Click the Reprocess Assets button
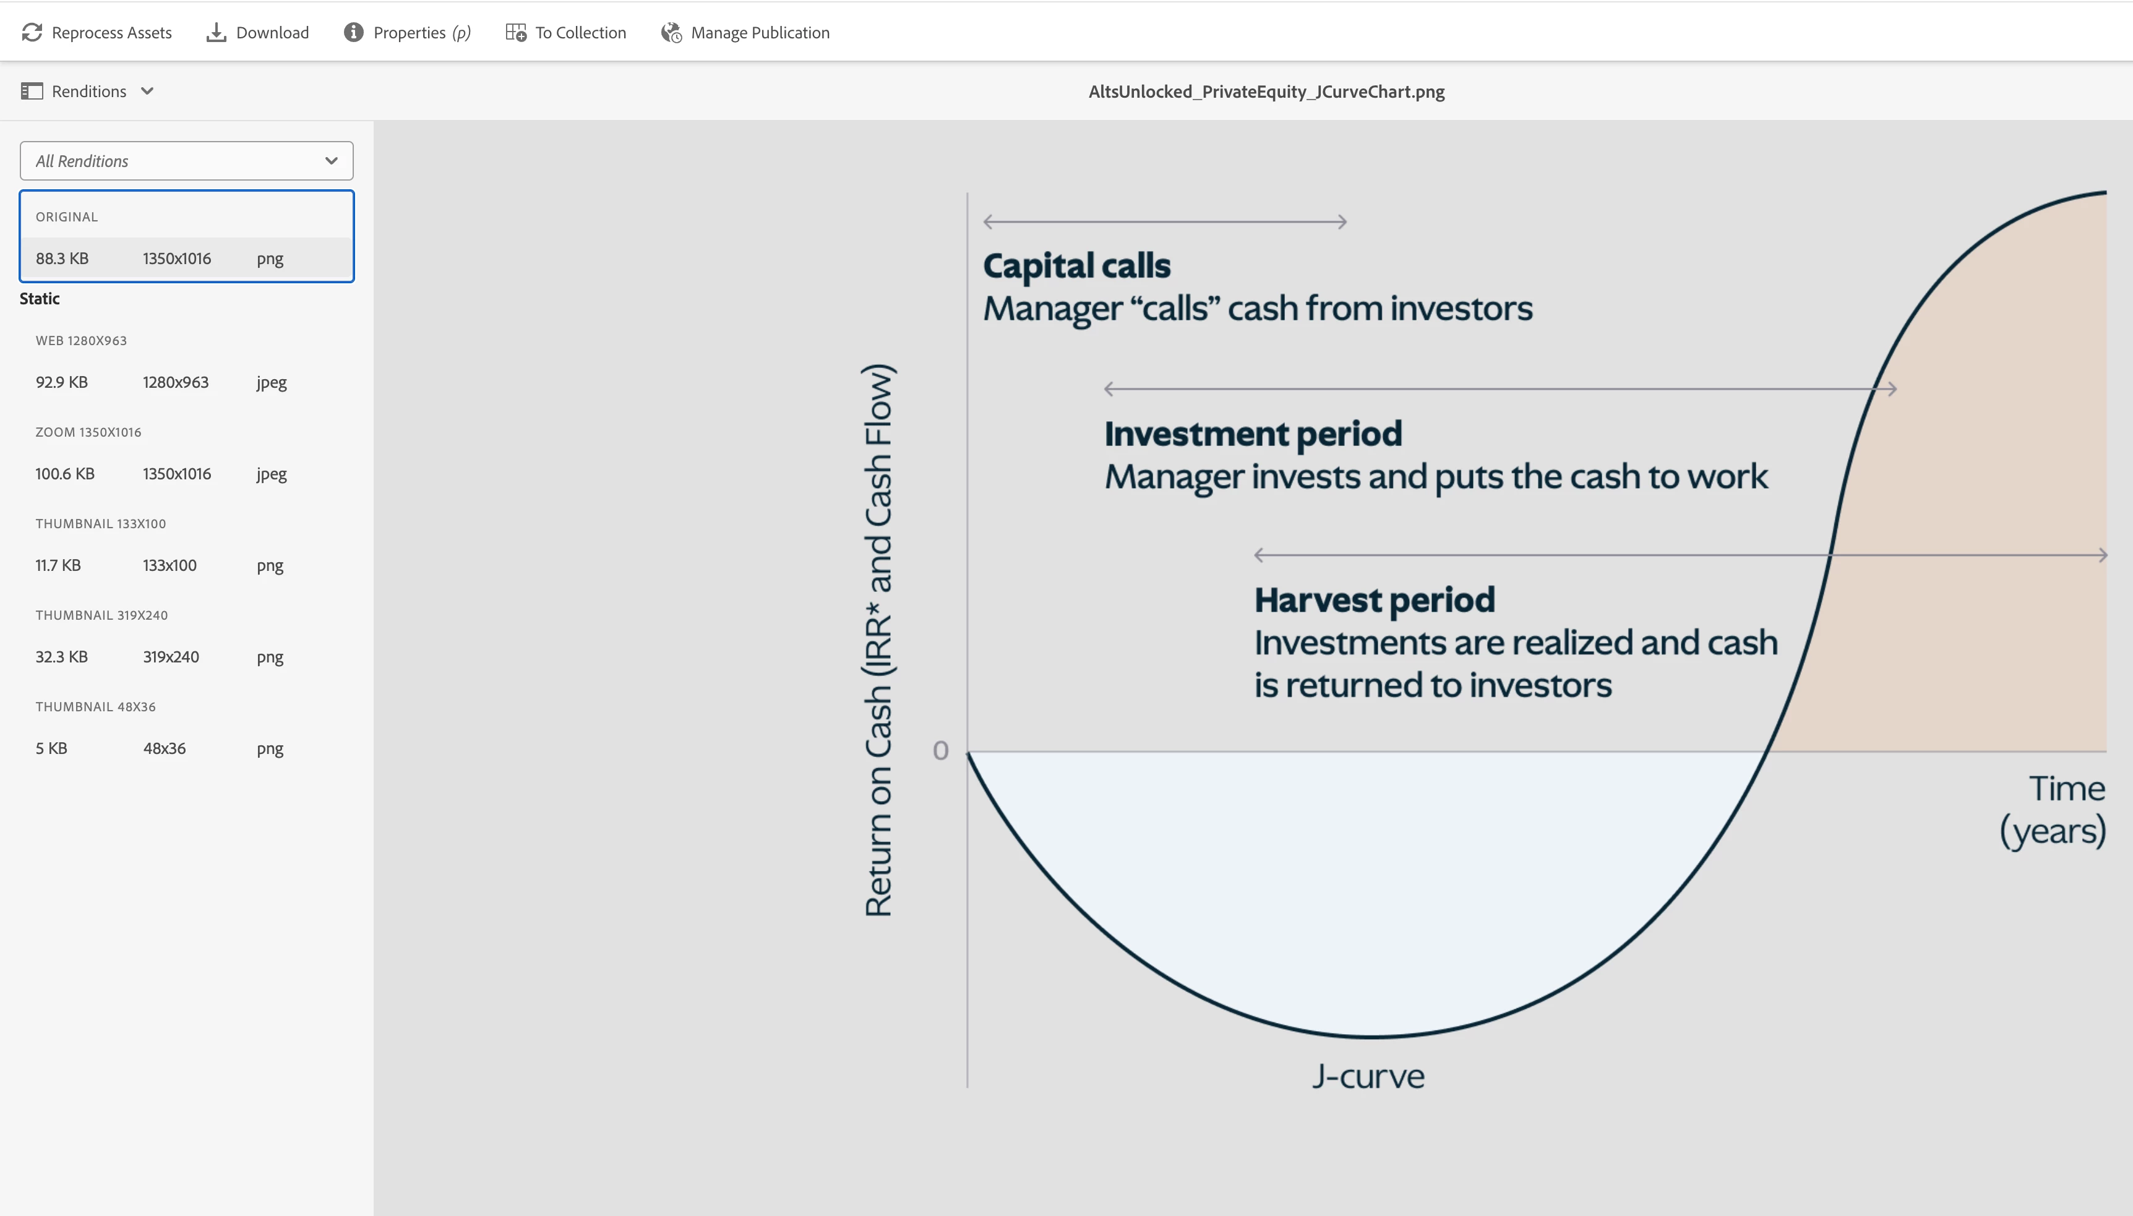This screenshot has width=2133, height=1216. [97, 33]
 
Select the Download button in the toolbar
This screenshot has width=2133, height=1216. [257, 33]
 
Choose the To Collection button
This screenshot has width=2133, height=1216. [565, 33]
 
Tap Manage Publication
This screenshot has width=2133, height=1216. [745, 33]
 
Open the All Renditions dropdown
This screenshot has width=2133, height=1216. [186, 160]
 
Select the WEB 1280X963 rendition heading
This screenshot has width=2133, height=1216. [81, 341]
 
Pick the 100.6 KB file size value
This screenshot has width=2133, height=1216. [65, 474]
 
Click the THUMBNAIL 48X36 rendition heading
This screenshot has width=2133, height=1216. [95, 706]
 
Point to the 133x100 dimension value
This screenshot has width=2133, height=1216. [170, 565]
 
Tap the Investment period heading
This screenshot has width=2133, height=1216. [1253, 434]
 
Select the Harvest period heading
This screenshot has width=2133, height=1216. [1375, 599]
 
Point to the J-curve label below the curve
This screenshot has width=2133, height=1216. [1368, 1076]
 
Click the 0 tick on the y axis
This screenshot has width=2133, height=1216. [940, 751]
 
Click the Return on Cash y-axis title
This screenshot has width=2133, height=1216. [878, 641]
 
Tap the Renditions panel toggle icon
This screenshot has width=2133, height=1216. [32, 91]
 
